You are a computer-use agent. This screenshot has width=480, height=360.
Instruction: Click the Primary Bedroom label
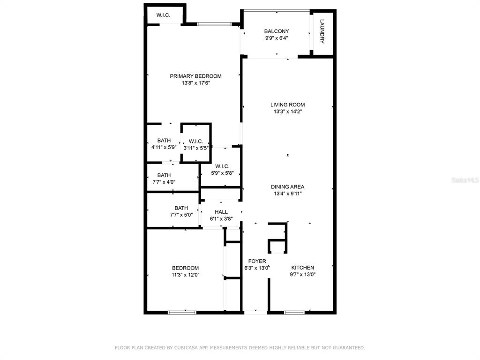(195, 76)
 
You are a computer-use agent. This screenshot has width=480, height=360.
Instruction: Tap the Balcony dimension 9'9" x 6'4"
(277, 38)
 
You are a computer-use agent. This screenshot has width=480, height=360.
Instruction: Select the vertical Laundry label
(322, 31)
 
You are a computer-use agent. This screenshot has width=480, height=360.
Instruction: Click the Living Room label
(287, 105)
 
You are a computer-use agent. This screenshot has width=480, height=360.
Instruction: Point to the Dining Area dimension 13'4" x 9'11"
(288, 194)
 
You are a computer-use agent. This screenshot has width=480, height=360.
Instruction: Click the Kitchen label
(302, 268)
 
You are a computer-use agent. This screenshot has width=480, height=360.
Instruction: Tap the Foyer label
(257, 261)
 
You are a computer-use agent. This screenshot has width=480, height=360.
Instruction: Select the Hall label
(221, 212)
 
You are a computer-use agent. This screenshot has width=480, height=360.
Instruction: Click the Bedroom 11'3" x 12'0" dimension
(186, 275)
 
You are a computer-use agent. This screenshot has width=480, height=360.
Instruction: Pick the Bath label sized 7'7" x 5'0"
(181, 208)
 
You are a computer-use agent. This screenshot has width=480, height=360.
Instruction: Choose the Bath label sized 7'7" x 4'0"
(164, 175)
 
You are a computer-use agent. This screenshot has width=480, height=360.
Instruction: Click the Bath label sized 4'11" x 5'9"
(164, 141)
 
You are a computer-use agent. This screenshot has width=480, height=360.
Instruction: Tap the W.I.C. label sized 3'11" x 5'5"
(196, 142)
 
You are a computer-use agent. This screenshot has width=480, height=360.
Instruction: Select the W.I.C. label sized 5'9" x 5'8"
(222, 166)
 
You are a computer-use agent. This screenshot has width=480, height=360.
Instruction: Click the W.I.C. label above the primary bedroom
(163, 15)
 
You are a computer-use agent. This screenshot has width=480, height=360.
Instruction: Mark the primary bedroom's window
(214, 24)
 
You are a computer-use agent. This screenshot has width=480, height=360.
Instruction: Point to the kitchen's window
(294, 312)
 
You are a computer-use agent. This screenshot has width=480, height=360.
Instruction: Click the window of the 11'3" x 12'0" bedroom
(182, 312)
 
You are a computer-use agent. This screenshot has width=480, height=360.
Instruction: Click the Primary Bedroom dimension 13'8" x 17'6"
(196, 83)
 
